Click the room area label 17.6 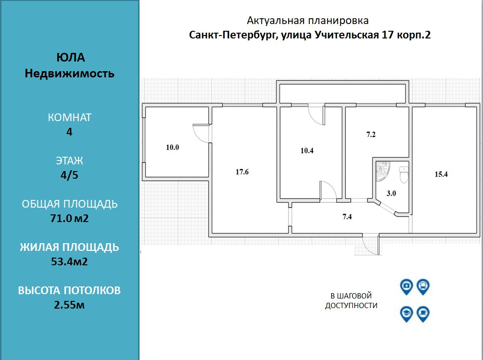coord(242,172)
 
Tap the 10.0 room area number coord(172,148)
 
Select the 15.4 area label coord(441,175)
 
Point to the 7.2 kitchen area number coord(371,135)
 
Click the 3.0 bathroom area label coord(391,194)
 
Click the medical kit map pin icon coord(407,286)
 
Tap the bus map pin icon coord(423,286)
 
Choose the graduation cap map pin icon coord(407,313)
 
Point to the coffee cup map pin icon coord(423,313)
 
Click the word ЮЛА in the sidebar coord(70,58)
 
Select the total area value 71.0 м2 coord(70,219)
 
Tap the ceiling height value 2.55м coord(70,305)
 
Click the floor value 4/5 coord(70,175)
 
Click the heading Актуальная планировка coord(308,21)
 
